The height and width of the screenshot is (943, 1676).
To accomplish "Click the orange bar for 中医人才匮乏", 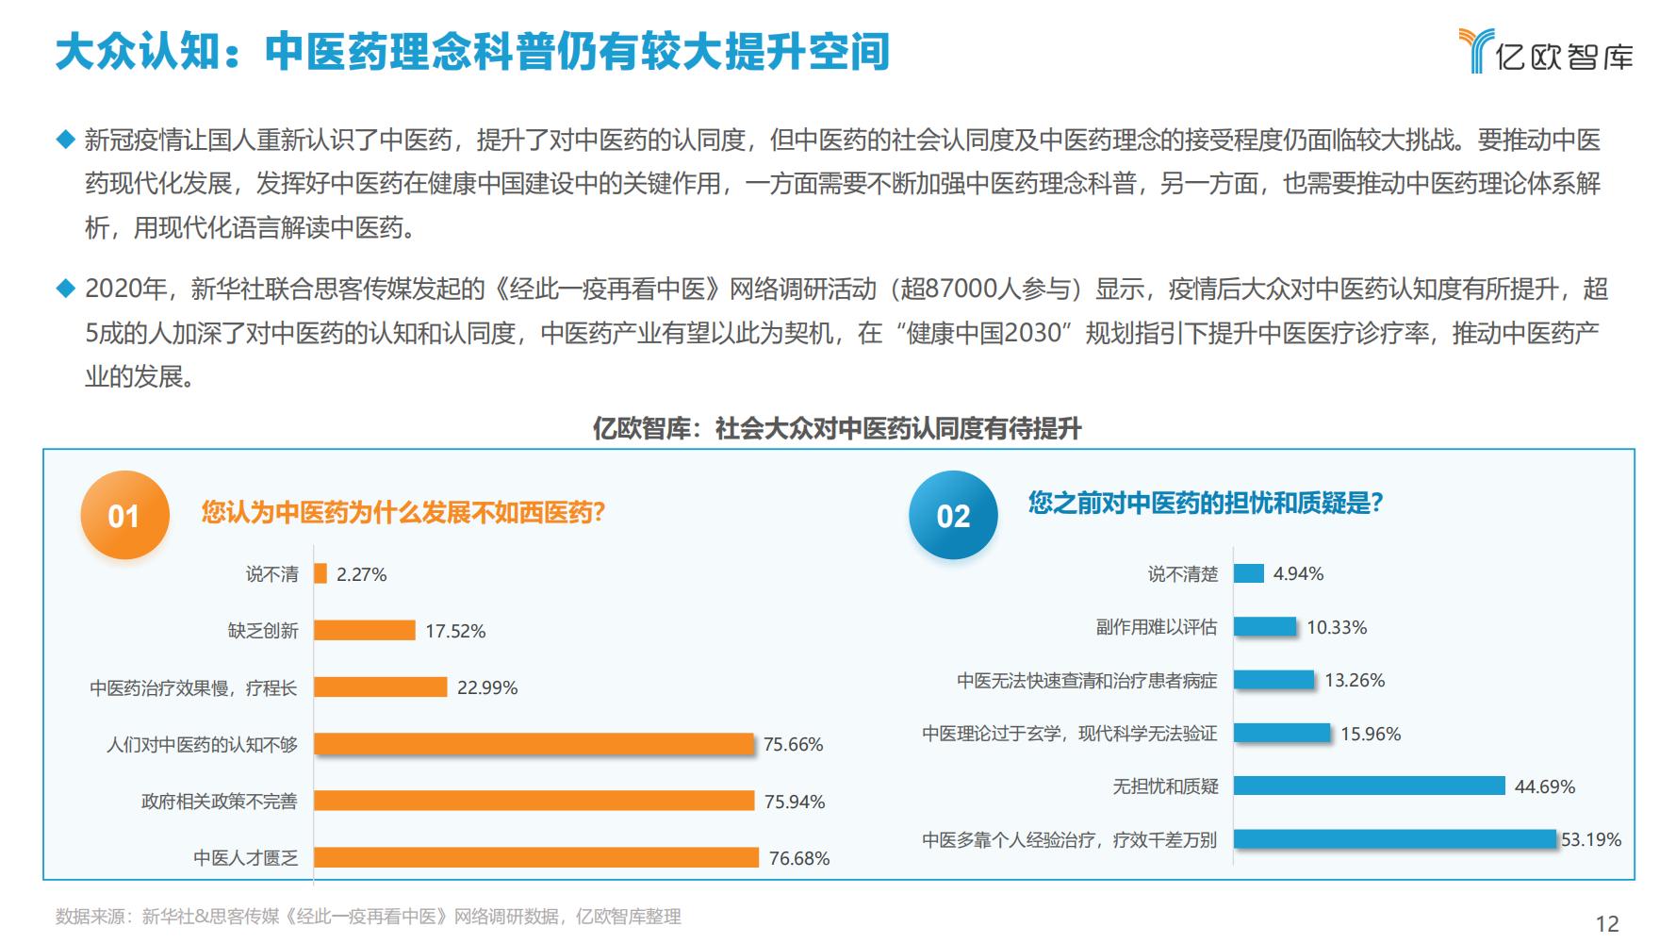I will (535, 857).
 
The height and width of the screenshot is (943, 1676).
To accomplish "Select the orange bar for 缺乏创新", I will (365, 630).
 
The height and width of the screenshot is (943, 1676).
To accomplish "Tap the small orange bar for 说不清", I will (320, 573).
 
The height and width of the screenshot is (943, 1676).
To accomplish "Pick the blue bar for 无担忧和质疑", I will (1369, 786).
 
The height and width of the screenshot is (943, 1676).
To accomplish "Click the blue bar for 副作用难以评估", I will (1265, 626).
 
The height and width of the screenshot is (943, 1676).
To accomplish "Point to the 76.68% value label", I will (799, 858).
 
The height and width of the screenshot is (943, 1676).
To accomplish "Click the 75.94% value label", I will (795, 802).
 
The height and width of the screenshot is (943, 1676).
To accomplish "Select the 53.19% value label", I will (1591, 839).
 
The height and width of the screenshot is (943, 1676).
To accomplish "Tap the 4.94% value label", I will (1298, 573).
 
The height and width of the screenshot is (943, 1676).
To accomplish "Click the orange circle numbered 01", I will (124, 515).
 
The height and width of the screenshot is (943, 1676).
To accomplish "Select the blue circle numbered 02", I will (953, 515).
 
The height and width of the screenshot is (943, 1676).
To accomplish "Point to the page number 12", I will (1606, 923).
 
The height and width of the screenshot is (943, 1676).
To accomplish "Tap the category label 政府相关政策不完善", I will (219, 802).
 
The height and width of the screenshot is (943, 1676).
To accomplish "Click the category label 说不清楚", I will (1182, 573).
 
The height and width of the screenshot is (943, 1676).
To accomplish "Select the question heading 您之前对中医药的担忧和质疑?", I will (1205, 503).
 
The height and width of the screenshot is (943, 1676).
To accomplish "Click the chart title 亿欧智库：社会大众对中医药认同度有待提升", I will (837, 429).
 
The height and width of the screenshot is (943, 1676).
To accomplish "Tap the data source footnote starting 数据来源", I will (368, 917).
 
